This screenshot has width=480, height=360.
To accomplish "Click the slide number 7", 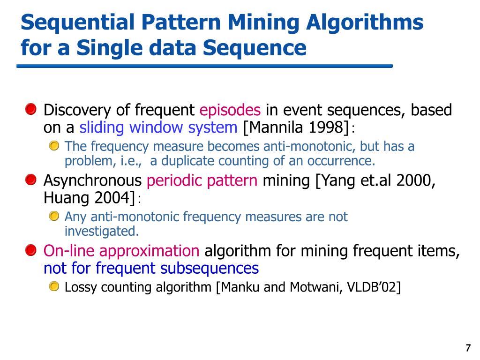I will pyautogui.click(x=468, y=348).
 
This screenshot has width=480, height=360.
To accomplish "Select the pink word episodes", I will pyautogui.click(x=230, y=111).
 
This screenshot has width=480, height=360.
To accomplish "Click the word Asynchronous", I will pyautogui.click(x=92, y=180).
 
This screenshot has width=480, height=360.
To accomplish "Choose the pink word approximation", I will pyautogui.click(x=150, y=251).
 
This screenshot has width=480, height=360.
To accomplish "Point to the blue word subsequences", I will pyautogui.click(x=210, y=268).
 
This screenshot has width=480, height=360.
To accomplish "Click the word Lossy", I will pyautogui.click(x=78, y=287).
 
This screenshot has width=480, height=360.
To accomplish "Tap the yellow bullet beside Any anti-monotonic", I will pyautogui.click(x=55, y=216).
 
